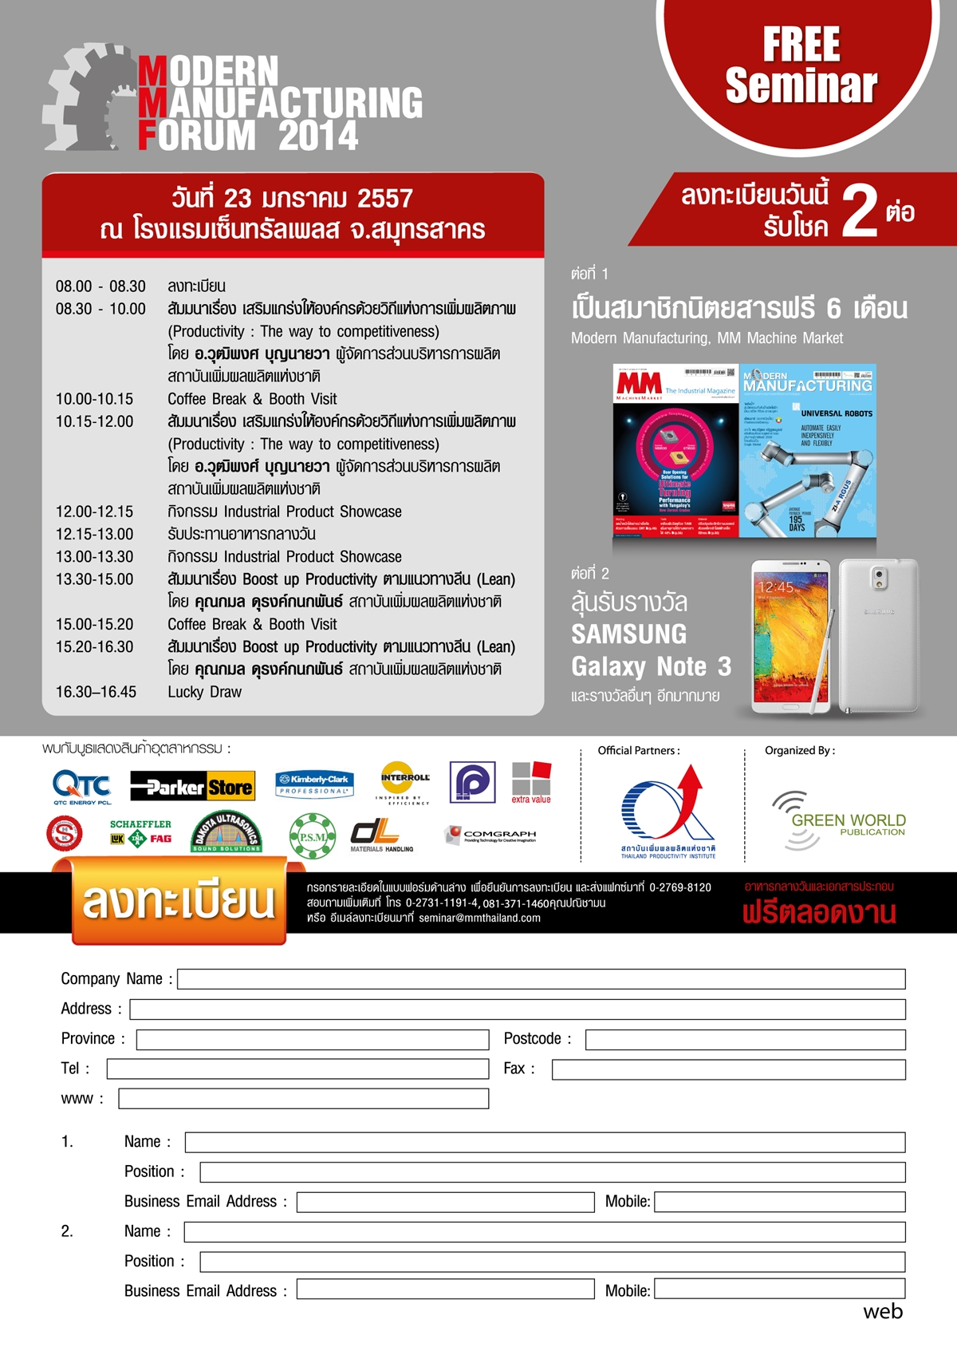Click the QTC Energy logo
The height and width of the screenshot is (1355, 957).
pyautogui.click(x=81, y=786)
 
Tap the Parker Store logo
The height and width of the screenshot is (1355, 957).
pyautogui.click(x=192, y=787)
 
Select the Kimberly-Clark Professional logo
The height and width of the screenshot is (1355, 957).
pyautogui.click(x=314, y=783)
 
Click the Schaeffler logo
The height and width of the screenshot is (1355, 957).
pyautogui.click(x=140, y=832)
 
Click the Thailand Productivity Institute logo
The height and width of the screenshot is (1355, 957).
pyautogui.click(x=668, y=812)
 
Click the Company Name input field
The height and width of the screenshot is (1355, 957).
pyautogui.click(x=541, y=979)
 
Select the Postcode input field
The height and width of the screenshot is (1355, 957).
pyautogui.click(x=745, y=1039)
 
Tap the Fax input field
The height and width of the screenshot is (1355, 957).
pyautogui.click(x=728, y=1069)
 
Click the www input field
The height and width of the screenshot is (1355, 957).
pyautogui.click(x=303, y=1099)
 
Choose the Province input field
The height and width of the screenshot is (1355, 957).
pyautogui.click(x=312, y=1039)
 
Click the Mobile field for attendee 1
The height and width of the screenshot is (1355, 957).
pyautogui.click(x=779, y=1202)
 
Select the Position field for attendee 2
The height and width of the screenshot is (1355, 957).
pyautogui.click(x=552, y=1262)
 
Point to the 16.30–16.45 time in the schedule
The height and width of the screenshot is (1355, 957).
pyautogui.click(x=96, y=692)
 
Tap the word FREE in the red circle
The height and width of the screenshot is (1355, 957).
pyautogui.click(x=801, y=45)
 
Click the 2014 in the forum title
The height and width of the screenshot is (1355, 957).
pyautogui.click(x=318, y=136)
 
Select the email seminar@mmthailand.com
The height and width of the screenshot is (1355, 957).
pyautogui.click(x=479, y=918)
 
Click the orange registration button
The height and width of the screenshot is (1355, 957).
pyautogui.click(x=179, y=902)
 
